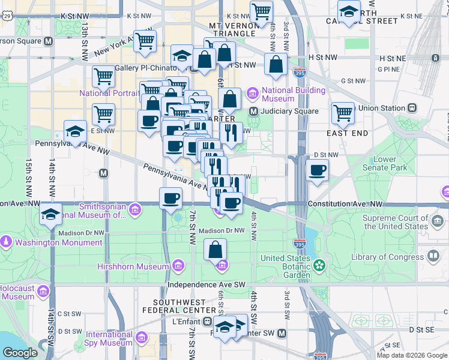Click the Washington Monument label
58,243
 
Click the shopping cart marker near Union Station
343,112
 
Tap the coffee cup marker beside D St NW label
317,169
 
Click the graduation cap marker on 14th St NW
51,212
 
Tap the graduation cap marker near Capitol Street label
348,10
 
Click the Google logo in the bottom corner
20,353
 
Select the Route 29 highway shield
7,16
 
